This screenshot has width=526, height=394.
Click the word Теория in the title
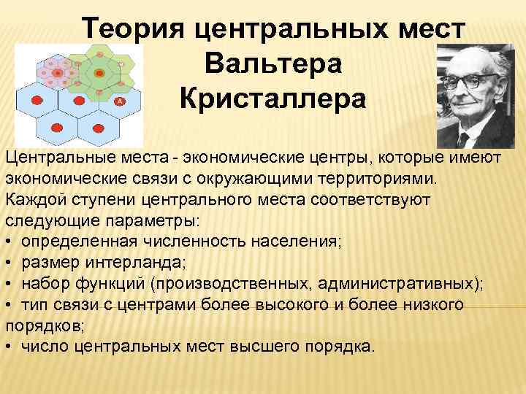134,31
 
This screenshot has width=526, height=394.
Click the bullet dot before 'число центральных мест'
9,347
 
